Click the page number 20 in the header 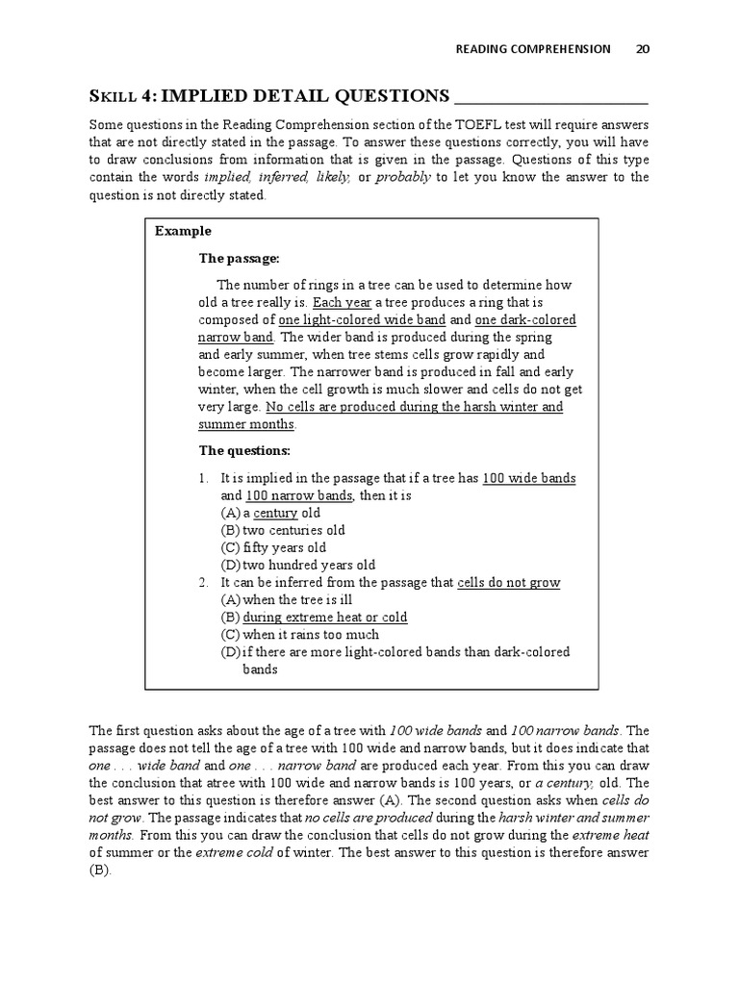coord(642,49)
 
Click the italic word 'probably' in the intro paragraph coord(404,177)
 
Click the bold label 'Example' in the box coord(183,232)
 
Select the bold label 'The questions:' coord(244,450)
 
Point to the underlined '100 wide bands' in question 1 coord(528,478)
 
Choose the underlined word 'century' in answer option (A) coord(275,513)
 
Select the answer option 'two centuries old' coord(293,530)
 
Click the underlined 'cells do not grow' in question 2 coord(508,582)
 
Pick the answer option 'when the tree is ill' coord(302,599)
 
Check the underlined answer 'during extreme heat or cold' coord(324,617)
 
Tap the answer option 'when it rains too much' coord(310,634)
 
